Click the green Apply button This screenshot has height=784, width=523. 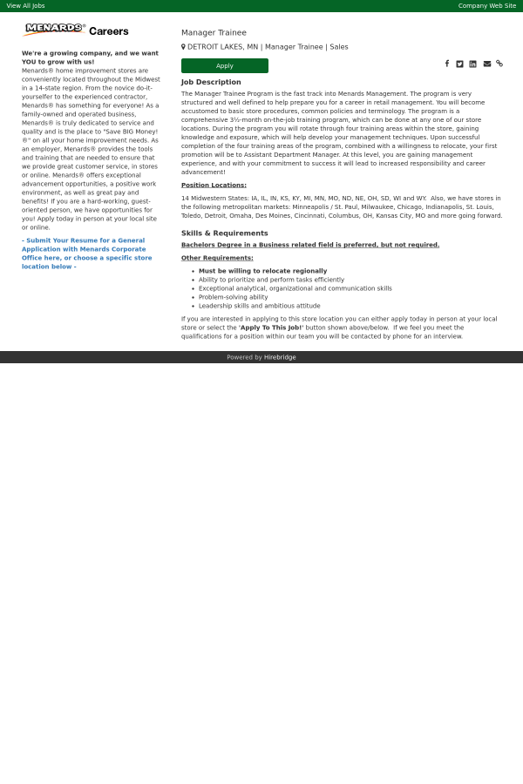pos(225,65)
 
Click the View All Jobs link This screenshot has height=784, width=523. pos(26,5)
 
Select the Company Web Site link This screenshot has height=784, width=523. pos(487,5)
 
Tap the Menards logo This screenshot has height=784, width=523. pos(54,29)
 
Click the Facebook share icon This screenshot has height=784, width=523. pos(447,64)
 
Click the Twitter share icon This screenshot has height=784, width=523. pos(460,64)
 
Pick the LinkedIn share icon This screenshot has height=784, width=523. pos(473,64)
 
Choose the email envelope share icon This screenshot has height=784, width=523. pos(487,64)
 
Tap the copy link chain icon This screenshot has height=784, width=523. pos(499,64)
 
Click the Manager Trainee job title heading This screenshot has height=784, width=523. pos(214,33)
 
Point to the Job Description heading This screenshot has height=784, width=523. pos(211,82)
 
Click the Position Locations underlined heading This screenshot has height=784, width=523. pos(214,185)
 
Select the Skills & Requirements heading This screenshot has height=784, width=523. pos(225,233)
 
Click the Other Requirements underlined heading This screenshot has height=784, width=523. pos(217,258)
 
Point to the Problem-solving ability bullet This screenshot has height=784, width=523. pos(233,297)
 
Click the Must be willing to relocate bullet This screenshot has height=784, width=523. pos(262,271)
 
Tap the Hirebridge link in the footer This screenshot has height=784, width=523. pos(280,357)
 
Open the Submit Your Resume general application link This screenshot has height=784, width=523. pos(87,253)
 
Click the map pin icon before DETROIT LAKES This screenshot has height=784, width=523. pos(183,47)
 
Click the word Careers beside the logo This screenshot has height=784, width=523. pos(109,31)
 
